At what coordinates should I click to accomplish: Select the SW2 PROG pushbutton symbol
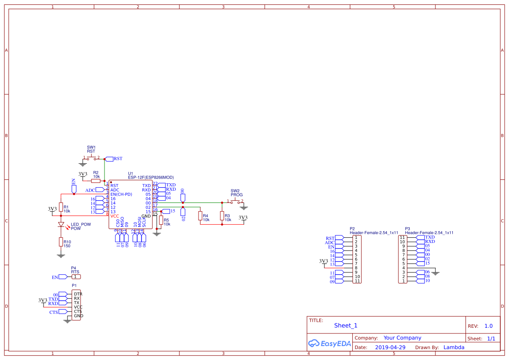coord(235,201)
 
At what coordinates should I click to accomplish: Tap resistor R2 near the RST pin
coord(96,181)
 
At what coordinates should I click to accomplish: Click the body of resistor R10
coord(61,242)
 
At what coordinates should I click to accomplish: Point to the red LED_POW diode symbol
coord(61,225)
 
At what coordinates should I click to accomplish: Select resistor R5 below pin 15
coord(161,220)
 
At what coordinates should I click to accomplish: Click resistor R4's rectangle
coord(200,215)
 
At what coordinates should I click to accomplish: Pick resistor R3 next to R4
coord(222,215)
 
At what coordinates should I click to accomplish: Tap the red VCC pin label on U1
coord(115,216)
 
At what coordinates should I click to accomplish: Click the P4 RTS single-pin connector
coord(76,277)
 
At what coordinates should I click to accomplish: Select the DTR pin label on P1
coord(78,294)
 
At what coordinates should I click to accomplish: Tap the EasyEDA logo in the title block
coord(329,343)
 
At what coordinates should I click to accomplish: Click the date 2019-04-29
coord(390,347)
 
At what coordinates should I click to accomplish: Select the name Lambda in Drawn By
coord(454,347)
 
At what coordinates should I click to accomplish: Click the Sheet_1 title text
coord(346,325)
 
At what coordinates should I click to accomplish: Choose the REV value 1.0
coord(489,326)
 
